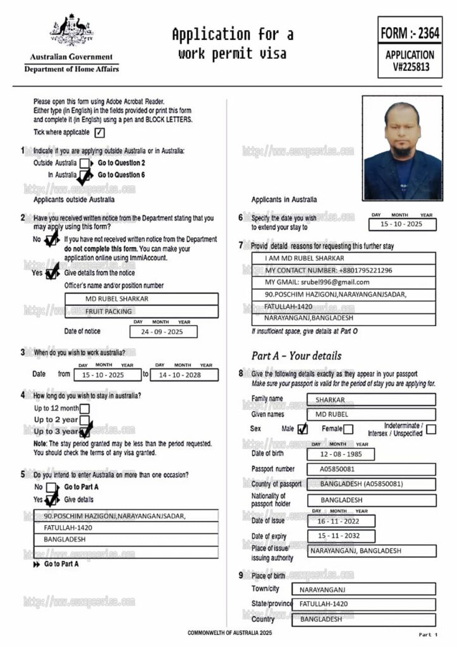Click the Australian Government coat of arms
[71, 30]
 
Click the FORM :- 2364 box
[410, 32]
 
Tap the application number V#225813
[410, 66]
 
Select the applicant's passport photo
[402, 148]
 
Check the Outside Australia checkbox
[84, 163]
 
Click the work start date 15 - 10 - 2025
[104, 375]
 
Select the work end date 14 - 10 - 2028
[184, 375]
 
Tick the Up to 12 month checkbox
[84, 408]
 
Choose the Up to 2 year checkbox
[84, 420]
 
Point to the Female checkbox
[348, 429]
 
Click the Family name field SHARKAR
[371, 399]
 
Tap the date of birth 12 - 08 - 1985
[341, 454]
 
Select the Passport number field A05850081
[371, 469]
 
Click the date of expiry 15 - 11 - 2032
[341, 536]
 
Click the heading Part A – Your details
[296, 355]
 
